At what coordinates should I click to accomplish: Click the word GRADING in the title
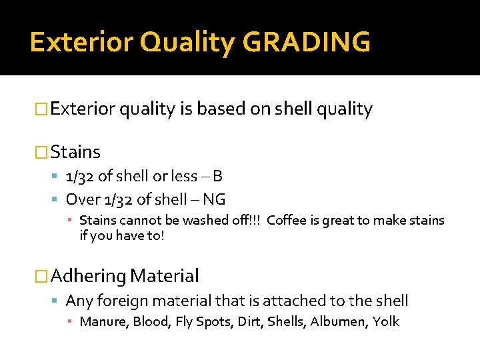pos(307,42)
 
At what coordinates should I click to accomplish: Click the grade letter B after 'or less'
pos(217,176)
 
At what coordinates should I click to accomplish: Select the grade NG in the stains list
pos(214,199)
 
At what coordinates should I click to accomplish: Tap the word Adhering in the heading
pos(87,275)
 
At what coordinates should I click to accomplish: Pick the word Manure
pos(103,321)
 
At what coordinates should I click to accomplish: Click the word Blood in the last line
pos(151,321)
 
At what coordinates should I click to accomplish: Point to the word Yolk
pos(386,321)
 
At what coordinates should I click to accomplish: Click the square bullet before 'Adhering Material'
pos(41,275)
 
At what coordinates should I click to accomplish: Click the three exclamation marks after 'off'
pos(257,220)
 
